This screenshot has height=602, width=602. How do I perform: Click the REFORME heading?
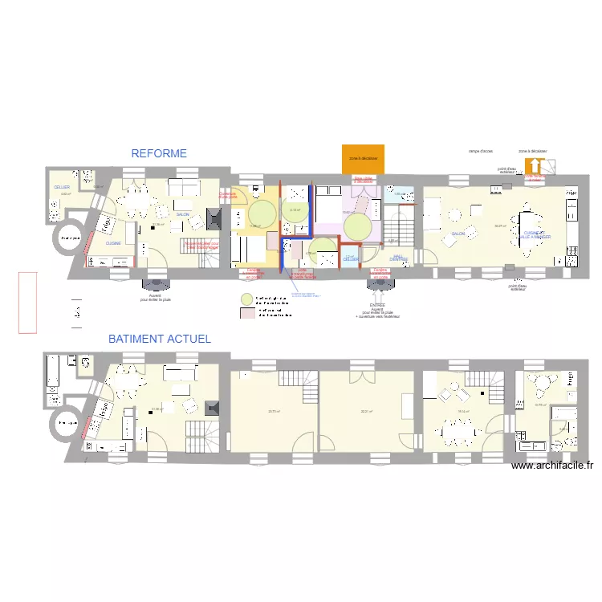pos(159,153)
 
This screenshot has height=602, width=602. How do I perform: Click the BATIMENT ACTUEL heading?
pos(160,339)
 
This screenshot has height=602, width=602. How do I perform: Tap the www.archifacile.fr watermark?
pos(551,466)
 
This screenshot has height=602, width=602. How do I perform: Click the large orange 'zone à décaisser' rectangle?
pos(363,158)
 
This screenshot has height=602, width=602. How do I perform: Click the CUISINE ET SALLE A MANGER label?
pos(534,235)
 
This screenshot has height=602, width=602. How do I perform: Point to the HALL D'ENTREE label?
pos(398,258)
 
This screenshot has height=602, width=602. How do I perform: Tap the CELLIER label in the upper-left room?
pos(61,187)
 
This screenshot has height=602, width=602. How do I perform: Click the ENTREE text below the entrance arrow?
pos(377,305)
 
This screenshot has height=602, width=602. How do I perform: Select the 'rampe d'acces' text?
pos(481,151)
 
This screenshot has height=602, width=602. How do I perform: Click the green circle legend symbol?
pos(247,299)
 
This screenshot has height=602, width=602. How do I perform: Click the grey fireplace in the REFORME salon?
pos(213,219)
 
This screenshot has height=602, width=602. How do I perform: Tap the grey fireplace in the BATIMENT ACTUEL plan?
pos(213,409)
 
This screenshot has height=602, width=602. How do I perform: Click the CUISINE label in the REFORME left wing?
pos(113,243)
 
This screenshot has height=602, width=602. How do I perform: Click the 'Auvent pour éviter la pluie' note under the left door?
pos(155,297)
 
